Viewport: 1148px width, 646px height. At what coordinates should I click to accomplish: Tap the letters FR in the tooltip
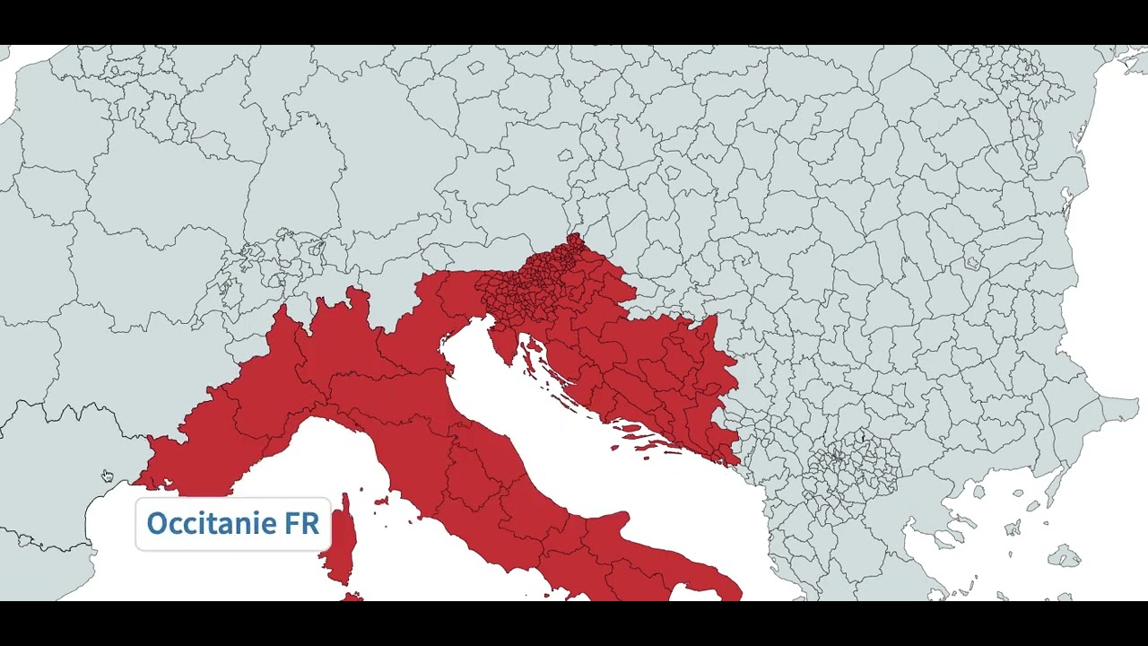point(302,523)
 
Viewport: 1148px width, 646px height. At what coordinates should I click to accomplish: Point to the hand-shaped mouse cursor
point(107,476)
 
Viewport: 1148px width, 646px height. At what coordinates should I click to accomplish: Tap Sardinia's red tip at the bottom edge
point(353,597)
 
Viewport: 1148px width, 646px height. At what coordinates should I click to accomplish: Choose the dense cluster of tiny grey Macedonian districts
point(852,467)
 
